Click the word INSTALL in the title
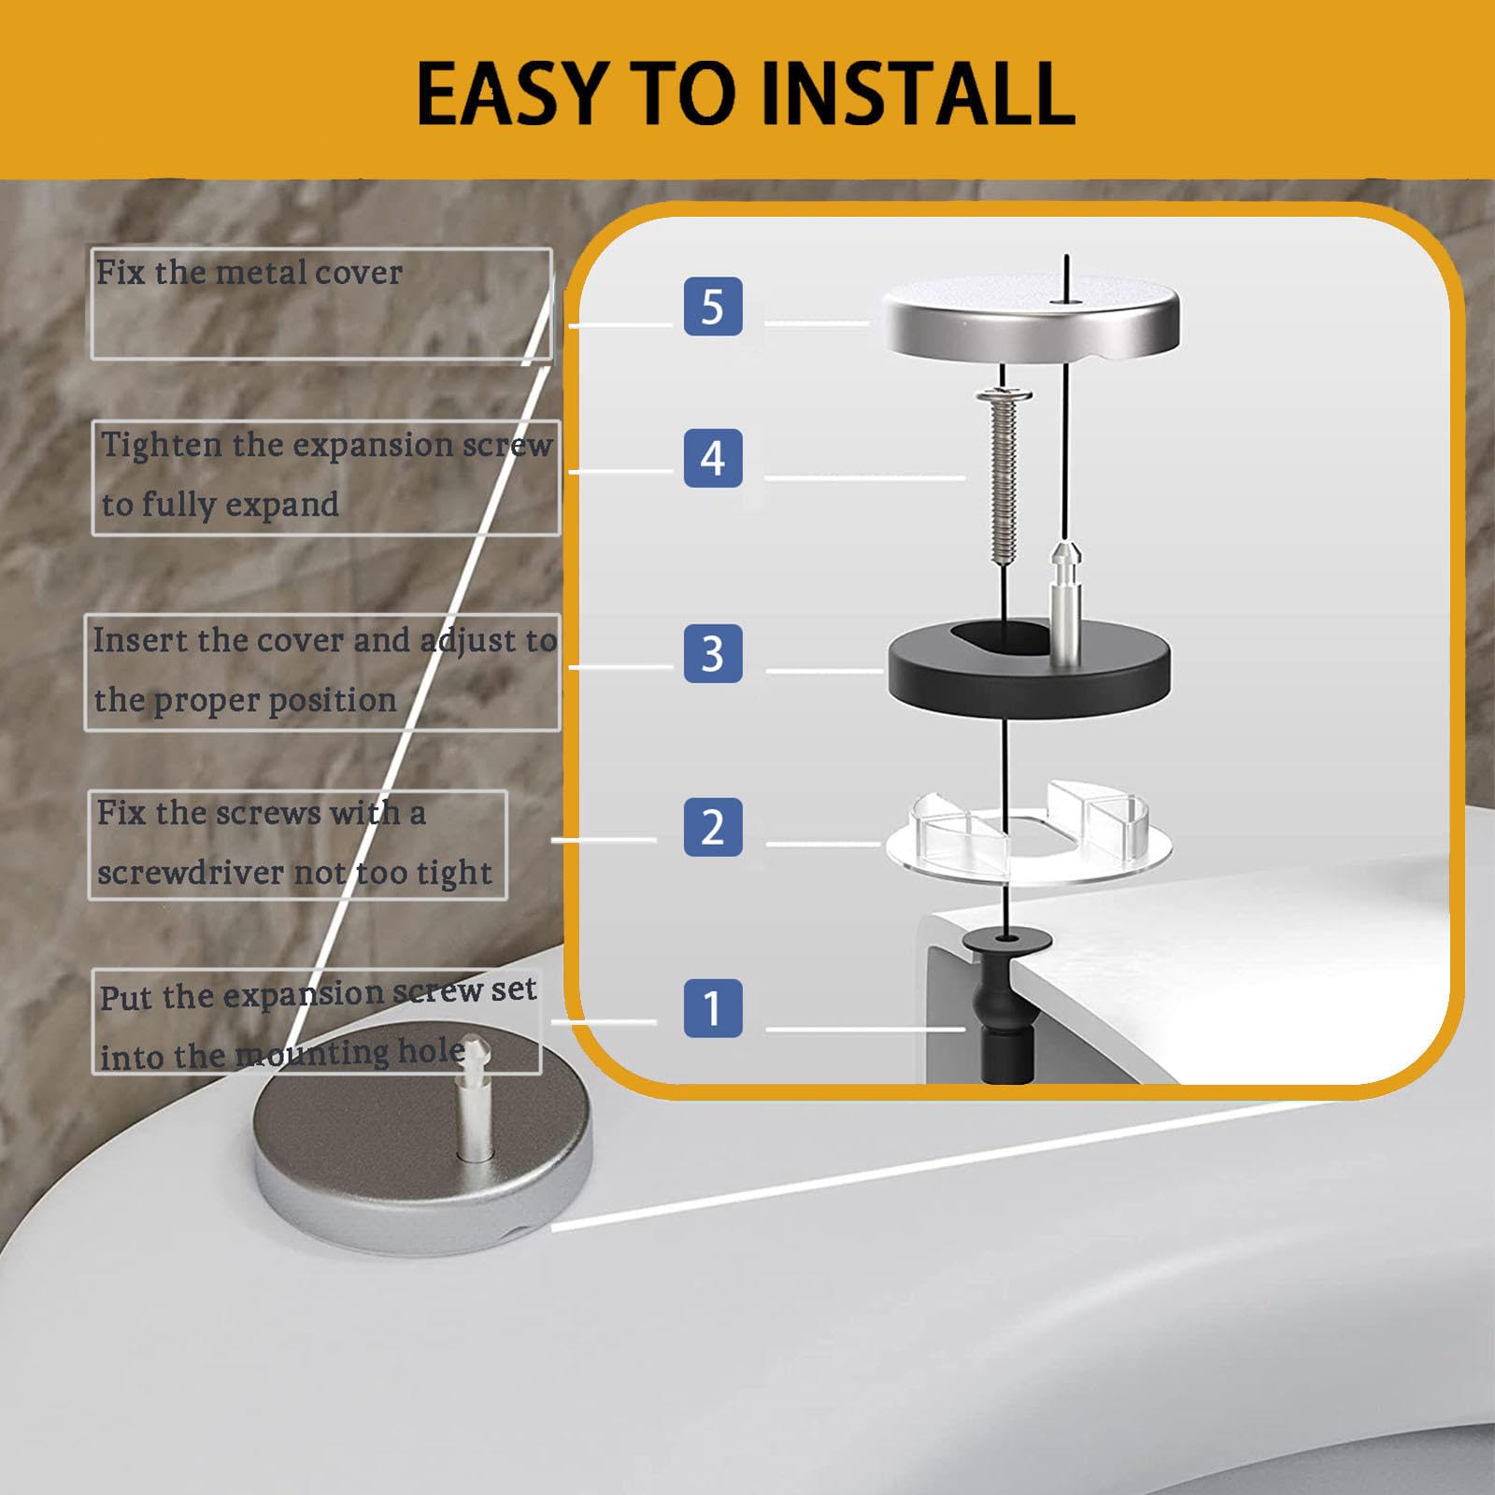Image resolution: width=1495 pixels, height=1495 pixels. pyautogui.click(x=918, y=93)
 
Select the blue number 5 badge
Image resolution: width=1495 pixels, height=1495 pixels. pyautogui.click(x=713, y=306)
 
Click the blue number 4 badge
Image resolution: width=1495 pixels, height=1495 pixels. pyautogui.click(x=713, y=458)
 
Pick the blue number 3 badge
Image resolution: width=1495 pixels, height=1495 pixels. pyautogui.click(x=713, y=653)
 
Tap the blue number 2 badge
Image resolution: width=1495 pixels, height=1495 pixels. pyautogui.click(x=713, y=827)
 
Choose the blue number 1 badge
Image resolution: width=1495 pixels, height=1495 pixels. pyautogui.click(x=713, y=1008)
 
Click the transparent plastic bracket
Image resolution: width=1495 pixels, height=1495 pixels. pyautogui.click(x=1027, y=830)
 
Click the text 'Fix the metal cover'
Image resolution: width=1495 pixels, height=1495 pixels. pyautogui.click(x=249, y=273)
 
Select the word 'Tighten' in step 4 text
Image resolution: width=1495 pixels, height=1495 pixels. pyautogui.click(x=163, y=446)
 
